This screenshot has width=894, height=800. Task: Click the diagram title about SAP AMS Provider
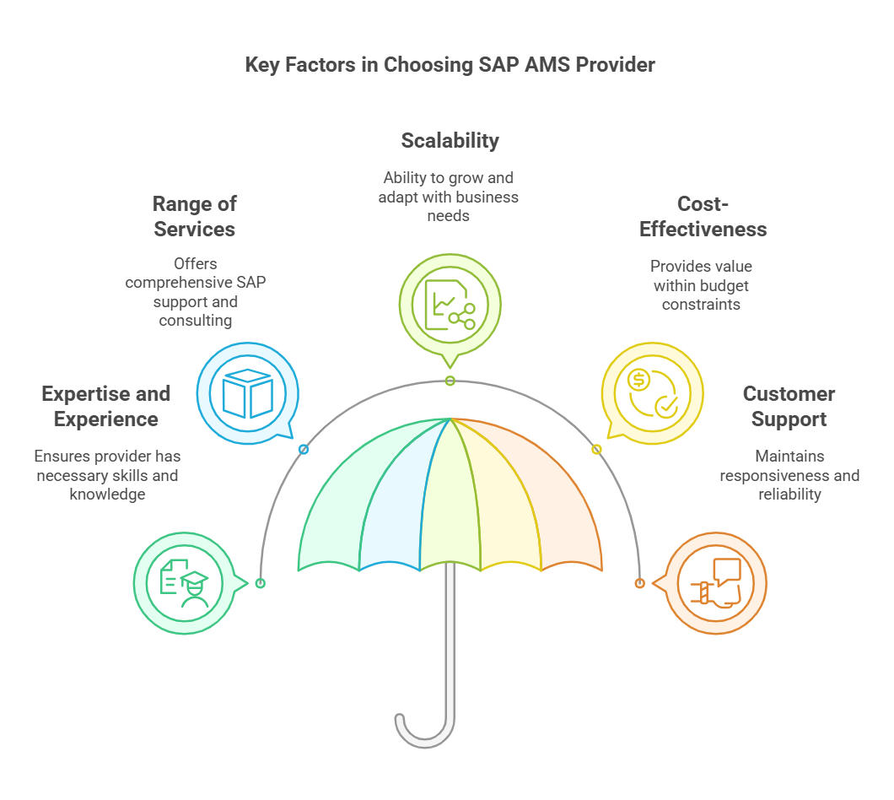(450, 65)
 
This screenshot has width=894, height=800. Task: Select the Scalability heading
(450, 140)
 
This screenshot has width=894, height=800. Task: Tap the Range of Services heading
(194, 216)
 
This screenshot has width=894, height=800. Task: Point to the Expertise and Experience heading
(105, 406)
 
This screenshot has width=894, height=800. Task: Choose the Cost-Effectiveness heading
(703, 216)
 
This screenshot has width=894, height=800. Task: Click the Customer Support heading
(789, 406)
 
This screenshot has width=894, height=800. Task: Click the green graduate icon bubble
(184, 582)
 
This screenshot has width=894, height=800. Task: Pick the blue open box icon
(247, 393)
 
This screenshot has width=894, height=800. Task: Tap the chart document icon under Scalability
(450, 305)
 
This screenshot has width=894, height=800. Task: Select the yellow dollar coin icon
(652, 393)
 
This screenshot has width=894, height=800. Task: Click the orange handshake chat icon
(716, 582)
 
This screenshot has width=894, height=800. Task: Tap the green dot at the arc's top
(450, 381)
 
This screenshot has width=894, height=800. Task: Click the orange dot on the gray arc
(640, 583)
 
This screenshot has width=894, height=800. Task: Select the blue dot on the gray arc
(304, 450)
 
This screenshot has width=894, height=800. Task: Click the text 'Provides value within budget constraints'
(701, 285)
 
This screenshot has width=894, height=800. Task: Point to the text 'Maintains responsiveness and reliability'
(789, 475)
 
